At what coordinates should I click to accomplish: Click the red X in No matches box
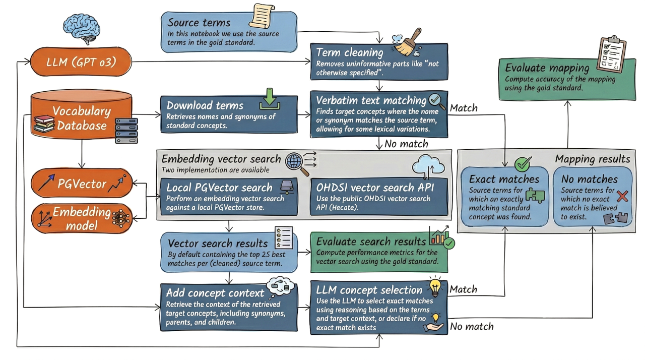pos(622,197)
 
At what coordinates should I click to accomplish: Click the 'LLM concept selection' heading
pos(369,290)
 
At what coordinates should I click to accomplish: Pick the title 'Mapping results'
pos(592,159)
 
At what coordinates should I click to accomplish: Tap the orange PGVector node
pos(82,184)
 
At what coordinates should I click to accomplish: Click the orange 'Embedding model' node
pos(82,219)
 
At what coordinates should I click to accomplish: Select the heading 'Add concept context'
pos(215,293)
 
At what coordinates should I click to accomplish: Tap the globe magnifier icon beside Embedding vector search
pos(295,162)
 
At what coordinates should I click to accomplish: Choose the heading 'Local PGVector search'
pos(219,187)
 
